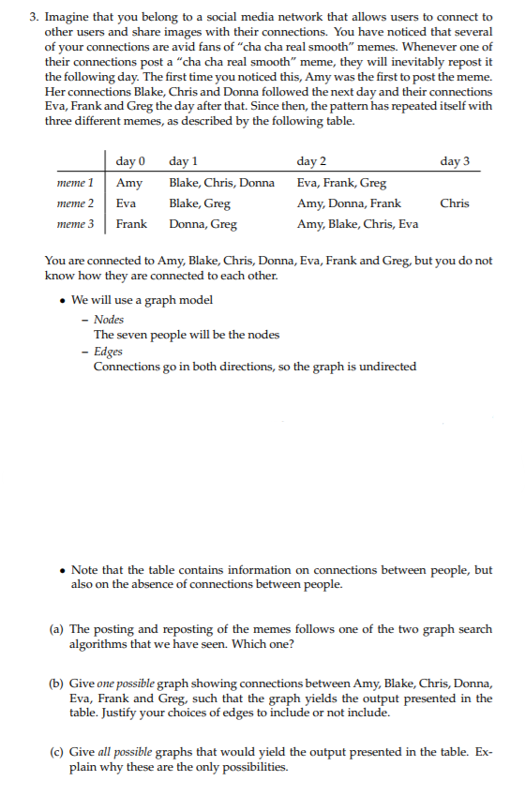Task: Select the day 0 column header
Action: tap(130, 161)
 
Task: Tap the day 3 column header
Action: tap(455, 161)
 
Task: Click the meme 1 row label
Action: tap(75, 183)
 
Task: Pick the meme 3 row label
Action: tap(75, 223)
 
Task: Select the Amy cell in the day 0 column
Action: tap(129, 183)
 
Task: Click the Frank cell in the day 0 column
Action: tap(131, 223)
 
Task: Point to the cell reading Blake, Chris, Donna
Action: tap(221, 183)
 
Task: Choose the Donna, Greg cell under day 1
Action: tap(202, 223)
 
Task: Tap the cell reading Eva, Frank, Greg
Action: tap(341, 183)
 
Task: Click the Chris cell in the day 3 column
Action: tap(455, 203)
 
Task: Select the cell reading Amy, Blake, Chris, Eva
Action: tap(357, 223)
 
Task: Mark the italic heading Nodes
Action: tap(109, 320)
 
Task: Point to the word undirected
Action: tap(383, 366)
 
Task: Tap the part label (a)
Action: tap(57, 629)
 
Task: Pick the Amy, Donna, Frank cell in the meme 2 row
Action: tap(349, 203)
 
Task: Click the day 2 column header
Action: tap(311, 161)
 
